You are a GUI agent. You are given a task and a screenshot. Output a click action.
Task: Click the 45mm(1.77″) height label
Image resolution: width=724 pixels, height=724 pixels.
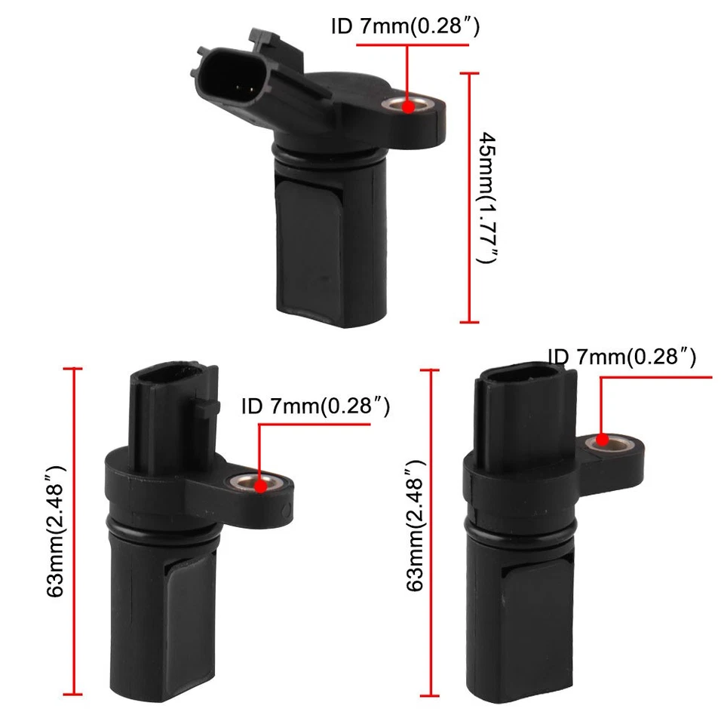488,198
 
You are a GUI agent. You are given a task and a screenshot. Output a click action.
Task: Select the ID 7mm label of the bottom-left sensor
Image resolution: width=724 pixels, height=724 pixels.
315,407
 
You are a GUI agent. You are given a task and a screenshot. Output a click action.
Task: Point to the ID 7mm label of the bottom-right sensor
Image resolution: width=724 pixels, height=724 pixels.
621,356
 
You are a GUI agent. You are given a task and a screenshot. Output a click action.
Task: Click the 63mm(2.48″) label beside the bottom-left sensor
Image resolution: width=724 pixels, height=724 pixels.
56,532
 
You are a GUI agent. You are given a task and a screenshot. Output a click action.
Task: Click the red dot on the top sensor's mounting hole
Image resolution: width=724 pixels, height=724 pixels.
408,106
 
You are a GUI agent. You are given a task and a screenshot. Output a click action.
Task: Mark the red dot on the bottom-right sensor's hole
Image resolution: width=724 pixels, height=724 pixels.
602,440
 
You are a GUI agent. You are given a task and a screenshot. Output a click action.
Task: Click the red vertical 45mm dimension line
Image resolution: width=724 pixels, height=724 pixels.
469,198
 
